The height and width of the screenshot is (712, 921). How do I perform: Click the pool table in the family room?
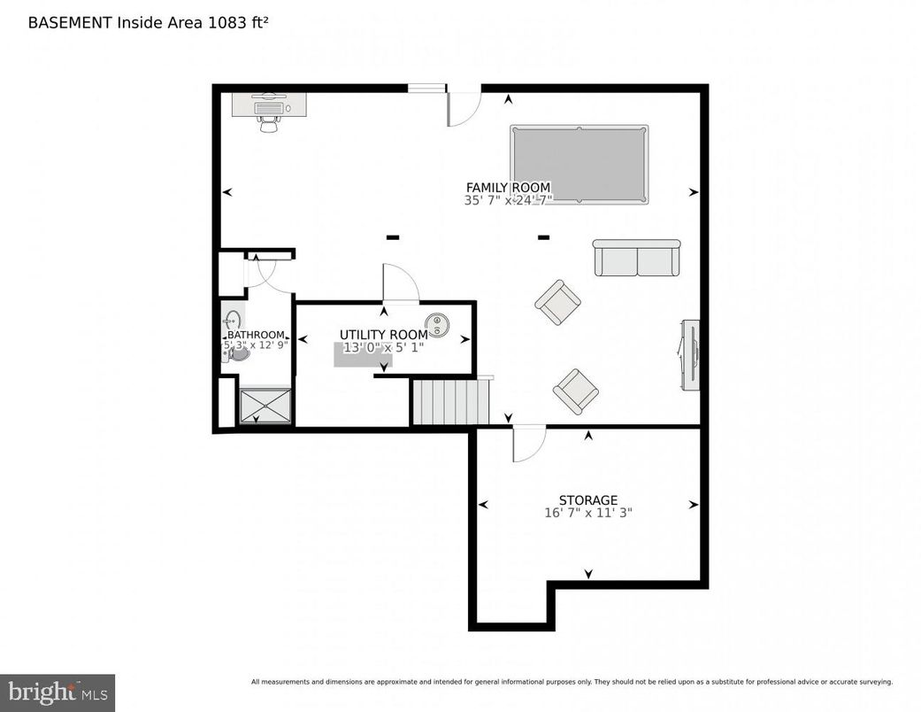tap(579, 164)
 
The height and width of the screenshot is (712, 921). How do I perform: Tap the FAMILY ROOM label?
tap(508, 188)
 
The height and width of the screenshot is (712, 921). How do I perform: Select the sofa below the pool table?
tap(637, 258)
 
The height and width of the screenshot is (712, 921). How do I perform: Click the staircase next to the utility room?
tap(450, 402)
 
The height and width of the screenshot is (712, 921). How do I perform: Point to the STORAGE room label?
tap(587, 500)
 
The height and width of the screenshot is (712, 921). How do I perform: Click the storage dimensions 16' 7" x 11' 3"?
tap(587, 513)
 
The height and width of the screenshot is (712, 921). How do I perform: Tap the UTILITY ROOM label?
tap(383, 334)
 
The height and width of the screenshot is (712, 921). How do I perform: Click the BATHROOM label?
tap(256, 335)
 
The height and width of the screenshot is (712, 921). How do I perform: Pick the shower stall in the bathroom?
tap(265, 406)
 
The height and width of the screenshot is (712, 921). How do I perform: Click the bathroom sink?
tap(233, 320)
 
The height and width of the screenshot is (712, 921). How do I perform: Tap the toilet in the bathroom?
tap(237, 353)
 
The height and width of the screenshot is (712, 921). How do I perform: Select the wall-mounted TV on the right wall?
tap(691, 353)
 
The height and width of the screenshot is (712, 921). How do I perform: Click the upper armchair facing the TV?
tap(557, 302)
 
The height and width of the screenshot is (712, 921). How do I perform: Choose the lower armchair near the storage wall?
tap(576, 390)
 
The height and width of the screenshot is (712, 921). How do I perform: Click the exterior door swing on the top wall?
tap(463, 107)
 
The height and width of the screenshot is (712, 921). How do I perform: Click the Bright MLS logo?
tap(58, 692)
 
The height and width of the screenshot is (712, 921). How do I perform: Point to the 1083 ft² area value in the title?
tap(237, 22)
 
